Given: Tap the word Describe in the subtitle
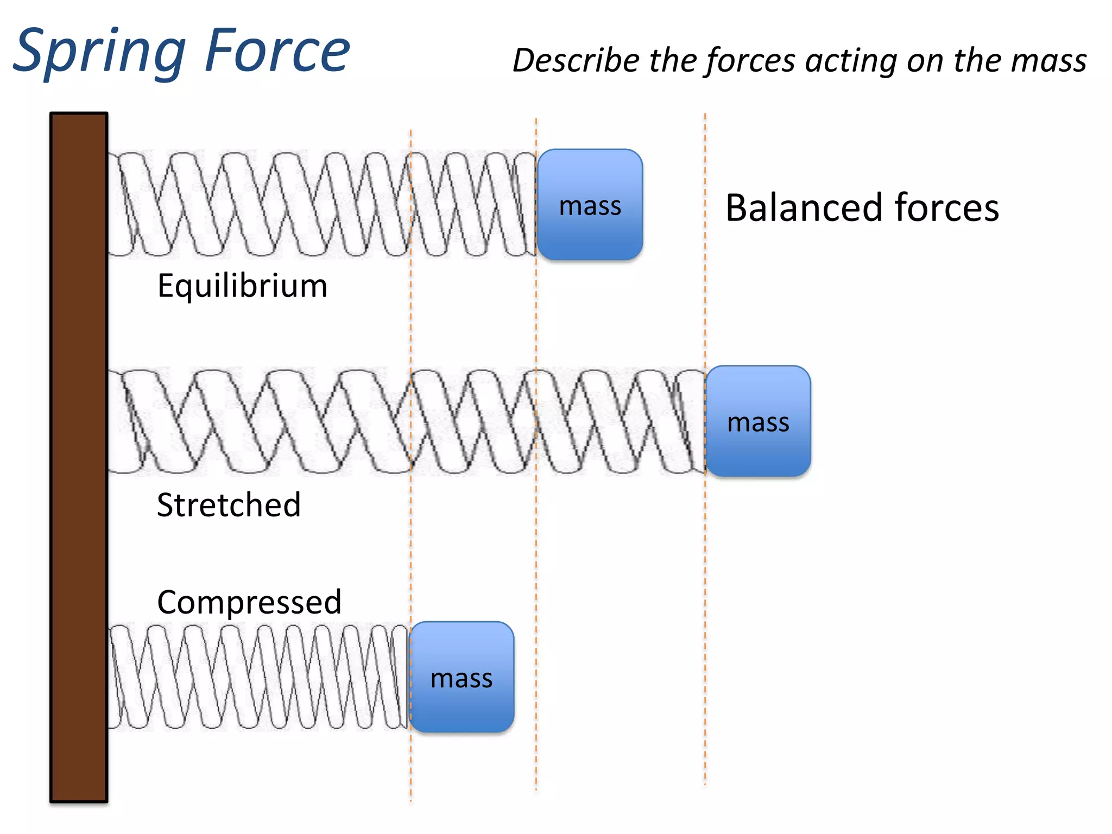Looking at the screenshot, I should click(576, 61).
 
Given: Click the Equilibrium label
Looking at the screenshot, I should click(242, 286).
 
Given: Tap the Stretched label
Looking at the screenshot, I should click(229, 505).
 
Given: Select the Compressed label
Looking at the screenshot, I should click(249, 602).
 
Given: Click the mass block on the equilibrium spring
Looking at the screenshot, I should click(590, 205).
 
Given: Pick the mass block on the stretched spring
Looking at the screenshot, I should click(758, 421).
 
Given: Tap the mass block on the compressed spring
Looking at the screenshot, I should click(462, 678).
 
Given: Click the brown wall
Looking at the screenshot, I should click(79, 456).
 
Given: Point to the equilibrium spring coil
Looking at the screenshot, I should click(320, 204).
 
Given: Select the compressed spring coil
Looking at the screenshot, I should click(255, 677).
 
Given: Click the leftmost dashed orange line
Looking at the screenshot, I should click(410, 543).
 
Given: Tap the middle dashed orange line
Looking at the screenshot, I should click(536, 543).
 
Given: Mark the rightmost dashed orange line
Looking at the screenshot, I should click(705, 597).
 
